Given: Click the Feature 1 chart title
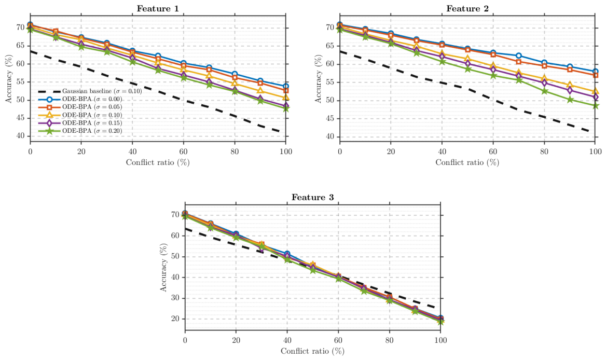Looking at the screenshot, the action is point(158,8).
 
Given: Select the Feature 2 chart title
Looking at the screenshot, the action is point(467,8).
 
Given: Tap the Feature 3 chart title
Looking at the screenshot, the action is point(313,198).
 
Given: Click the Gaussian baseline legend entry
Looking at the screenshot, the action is point(90,91).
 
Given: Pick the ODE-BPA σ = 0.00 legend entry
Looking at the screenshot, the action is point(80,99).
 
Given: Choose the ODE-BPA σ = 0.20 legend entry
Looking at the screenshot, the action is point(80,131).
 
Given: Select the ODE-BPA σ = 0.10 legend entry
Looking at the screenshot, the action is point(80,115).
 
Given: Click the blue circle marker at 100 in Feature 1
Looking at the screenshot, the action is point(285,87).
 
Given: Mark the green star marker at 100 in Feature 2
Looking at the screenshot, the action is point(595,105).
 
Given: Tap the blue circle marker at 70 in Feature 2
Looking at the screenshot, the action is point(519,56).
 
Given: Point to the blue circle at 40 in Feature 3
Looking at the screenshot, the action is point(287,254).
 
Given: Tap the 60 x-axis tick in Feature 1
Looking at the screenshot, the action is point(184,151).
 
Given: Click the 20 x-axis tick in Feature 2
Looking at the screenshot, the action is point(391,151).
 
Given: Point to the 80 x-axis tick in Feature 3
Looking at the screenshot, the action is point(390,340).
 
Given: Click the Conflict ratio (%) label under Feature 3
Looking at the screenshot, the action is point(313,351).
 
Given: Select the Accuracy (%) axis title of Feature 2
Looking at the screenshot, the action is point(318,79).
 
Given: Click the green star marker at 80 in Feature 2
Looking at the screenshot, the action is point(544,91).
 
